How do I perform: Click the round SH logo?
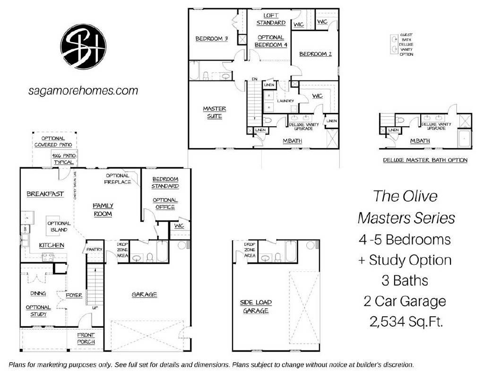click(83, 46)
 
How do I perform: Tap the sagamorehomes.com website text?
click(83, 91)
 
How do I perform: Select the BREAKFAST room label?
click(45, 194)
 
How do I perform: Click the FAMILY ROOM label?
click(103, 209)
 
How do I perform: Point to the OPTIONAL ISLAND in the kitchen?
click(59, 226)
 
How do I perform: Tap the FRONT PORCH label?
click(86, 338)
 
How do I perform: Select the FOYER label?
click(74, 295)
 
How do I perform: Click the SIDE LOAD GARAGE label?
click(256, 306)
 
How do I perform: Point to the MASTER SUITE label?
click(214, 112)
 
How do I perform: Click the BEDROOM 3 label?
click(212, 39)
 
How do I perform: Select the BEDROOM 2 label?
click(315, 54)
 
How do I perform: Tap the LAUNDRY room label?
click(286, 101)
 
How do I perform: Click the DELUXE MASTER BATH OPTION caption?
click(425, 160)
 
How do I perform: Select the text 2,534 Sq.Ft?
click(406, 323)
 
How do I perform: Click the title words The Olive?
click(405, 196)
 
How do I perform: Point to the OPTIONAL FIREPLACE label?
click(118, 179)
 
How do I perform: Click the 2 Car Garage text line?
click(406, 301)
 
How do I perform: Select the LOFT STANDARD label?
click(271, 19)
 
